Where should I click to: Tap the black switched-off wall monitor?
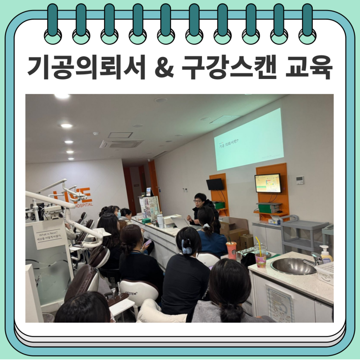[x=215, y=184]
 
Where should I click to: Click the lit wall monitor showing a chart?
[x=268, y=183]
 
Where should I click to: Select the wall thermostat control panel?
[x=300, y=180]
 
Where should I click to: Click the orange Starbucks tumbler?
[x=231, y=250]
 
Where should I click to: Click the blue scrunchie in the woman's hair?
[x=187, y=246]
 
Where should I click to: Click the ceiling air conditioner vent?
[x=121, y=143]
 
